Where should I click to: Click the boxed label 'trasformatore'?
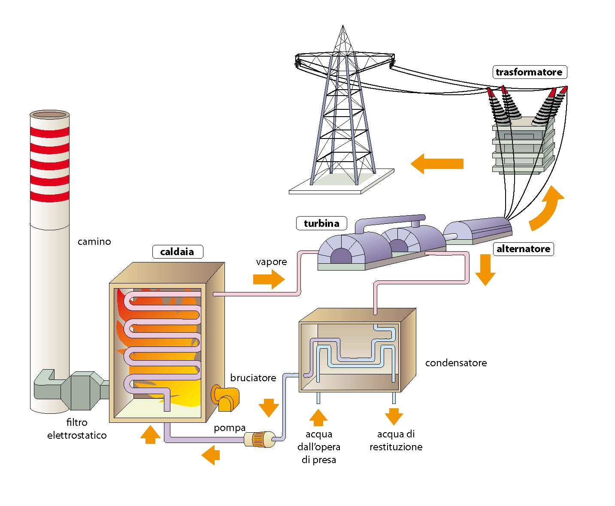coord(529,72)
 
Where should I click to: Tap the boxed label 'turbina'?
coord(321,223)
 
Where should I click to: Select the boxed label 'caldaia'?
coord(177,252)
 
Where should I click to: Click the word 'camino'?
coord(94,241)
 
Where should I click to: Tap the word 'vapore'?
coord(271,262)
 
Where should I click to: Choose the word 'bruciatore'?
coord(253,378)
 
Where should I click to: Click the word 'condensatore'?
coord(456,363)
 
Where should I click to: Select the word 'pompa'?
coord(230,428)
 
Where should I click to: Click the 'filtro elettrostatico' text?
coord(77,429)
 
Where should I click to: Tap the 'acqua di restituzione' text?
coord(396,440)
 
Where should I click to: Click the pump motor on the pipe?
coord(259,440)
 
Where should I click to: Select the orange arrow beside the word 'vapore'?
coord(269,280)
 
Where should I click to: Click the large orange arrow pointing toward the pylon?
coord(437,163)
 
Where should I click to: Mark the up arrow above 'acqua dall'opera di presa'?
coord(318,417)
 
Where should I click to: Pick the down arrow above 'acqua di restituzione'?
coord(394,416)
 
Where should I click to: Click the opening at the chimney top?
coord(49,115)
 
